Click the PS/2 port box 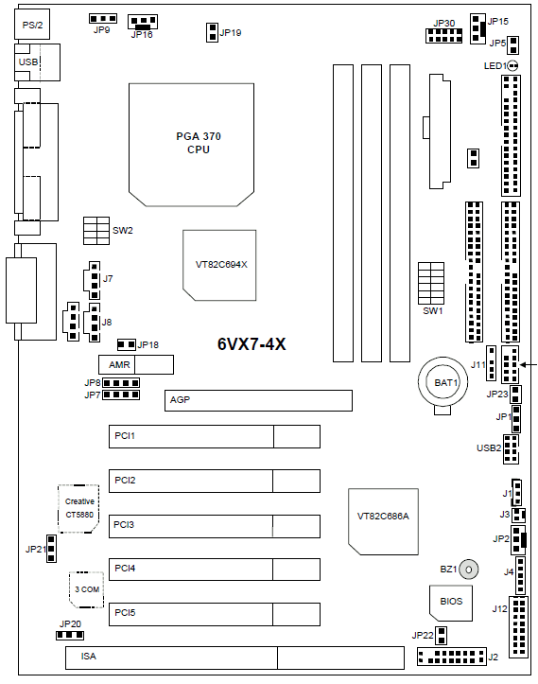(32, 25)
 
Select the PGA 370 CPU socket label (199, 143)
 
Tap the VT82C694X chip (219, 265)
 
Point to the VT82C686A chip (383, 521)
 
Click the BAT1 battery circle (443, 381)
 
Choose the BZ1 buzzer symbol (469, 570)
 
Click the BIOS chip (451, 604)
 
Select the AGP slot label (180, 399)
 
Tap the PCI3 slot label (124, 524)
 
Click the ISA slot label (89, 656)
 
